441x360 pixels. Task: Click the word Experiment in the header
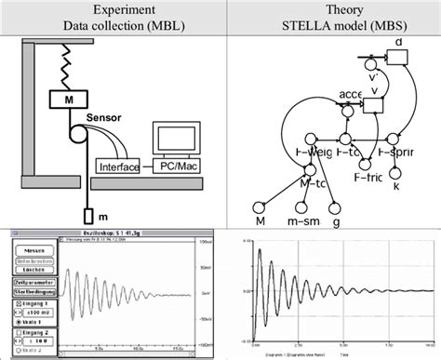(108, 9)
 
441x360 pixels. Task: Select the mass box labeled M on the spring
(68, 98)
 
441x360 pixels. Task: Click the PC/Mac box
(174, 167)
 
